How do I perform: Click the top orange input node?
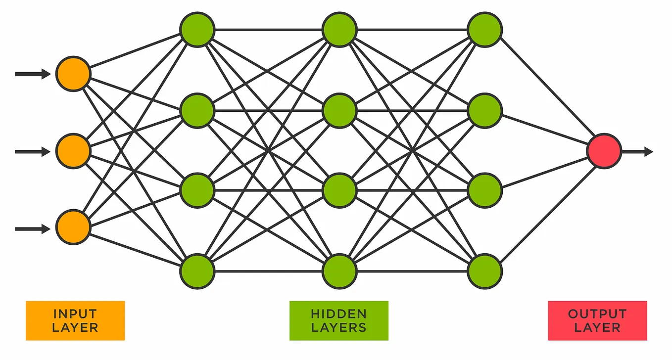[x=73, y=74]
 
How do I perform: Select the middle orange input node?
[x=73, y=151]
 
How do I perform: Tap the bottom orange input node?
[x=73, y=227]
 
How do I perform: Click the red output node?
[x=604, y=151]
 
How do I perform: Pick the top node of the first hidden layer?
[x=197, y=30]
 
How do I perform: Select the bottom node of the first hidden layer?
[x=197, y=271]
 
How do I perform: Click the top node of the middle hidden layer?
[x=339, y=30]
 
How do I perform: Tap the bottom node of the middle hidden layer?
[x=339, y=271]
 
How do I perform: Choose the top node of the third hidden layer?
[x=485, y=30]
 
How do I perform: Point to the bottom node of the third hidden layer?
[x=485, y=271]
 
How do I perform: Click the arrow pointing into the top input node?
[x=33, y=74]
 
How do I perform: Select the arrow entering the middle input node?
[x=33, y=151]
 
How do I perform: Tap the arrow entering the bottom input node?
[x=33, y=228]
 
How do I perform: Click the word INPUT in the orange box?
[x=75, y=314]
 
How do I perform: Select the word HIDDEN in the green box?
[x=339, y=314]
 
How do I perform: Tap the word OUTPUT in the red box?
[x=597, y=314]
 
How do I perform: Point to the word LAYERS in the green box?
[x=339, y=327]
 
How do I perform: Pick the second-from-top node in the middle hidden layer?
[x=339, y=110]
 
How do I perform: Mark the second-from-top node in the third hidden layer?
[x=485, y=110]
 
